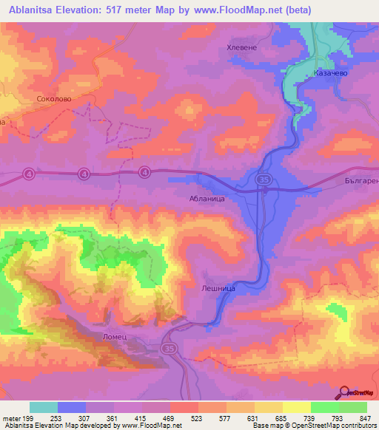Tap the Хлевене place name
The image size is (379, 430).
click(241, 47)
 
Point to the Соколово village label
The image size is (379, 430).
click(53, 98)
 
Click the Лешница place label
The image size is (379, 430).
click(219, 289)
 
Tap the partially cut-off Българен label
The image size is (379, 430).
click(362, 180)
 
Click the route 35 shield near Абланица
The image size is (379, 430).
click(264, 179)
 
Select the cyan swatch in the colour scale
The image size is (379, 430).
click(44, 407)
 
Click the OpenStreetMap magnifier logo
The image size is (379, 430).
click(343, 392)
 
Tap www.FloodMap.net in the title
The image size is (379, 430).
click(235, 10)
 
